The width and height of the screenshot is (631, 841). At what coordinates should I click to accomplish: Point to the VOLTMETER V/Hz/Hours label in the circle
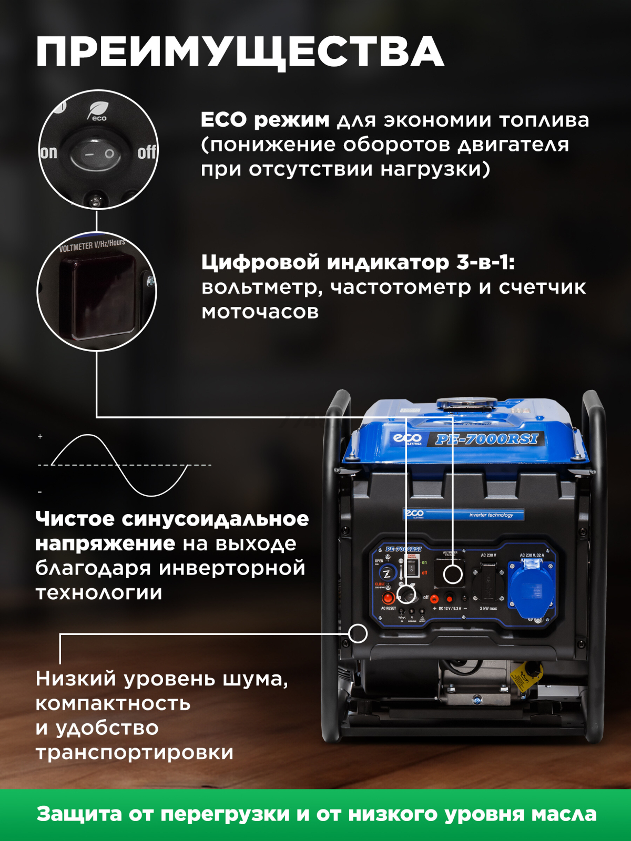[92, 245]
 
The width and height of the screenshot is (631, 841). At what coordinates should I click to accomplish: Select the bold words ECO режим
[265, 120]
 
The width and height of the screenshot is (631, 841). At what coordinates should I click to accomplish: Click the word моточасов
[260, 312]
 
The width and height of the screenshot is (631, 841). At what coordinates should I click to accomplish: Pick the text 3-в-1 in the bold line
[484, 262]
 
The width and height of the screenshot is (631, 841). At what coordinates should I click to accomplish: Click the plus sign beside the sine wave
[40, 436]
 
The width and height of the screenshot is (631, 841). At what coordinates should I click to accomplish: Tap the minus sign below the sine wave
[39, 492]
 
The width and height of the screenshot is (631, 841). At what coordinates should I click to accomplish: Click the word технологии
[99, 592]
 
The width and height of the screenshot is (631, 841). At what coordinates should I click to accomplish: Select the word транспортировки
[135, 752]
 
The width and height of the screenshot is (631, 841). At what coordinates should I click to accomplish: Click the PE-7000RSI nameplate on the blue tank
[487, 439]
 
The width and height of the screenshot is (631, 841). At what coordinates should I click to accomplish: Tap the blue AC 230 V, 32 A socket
[531, 588]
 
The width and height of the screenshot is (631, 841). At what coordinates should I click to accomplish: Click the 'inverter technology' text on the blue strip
[491, 515]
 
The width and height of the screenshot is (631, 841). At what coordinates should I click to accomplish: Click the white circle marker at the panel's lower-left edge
[358, 633]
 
